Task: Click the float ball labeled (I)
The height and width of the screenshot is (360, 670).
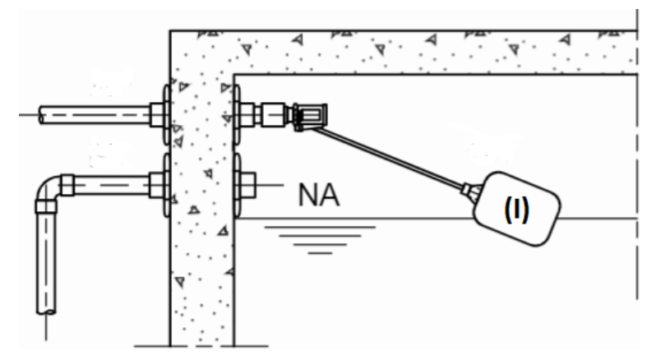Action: point(517,209)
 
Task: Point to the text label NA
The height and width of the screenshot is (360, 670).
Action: point(319,195)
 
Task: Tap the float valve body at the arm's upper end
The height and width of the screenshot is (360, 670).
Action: point(311,116)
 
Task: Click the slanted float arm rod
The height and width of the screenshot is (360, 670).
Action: point(386,157)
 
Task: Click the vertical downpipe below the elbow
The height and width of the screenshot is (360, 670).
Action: point(46,263)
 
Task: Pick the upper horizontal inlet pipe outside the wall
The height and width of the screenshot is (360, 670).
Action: point(95,115)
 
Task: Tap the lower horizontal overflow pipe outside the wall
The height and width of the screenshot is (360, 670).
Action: point(112,185)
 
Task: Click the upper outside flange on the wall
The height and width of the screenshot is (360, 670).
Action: point(166,114)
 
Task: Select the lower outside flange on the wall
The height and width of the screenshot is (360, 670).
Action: point(166,185)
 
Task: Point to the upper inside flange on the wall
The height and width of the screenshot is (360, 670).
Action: point(237,114)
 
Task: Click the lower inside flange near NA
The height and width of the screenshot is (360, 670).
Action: point(237,185)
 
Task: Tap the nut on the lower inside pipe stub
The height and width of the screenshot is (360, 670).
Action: point(247,185)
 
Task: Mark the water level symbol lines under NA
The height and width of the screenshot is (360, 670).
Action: point(320,240)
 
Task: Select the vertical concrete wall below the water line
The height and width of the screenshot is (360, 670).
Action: point(201,282)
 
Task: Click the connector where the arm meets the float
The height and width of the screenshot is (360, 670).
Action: point(471,190)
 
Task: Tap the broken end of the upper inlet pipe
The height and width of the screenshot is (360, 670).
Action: point(41,115)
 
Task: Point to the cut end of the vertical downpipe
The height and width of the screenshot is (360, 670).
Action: point(46,312)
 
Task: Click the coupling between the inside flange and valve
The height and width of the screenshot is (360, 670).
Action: point(273,114)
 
